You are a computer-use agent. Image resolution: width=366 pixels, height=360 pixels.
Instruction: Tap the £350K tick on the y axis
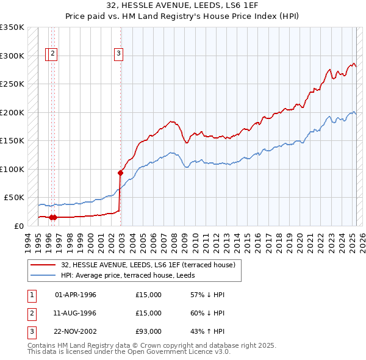click(12, 27)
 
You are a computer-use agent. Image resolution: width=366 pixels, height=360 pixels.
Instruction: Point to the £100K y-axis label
click(12, 169)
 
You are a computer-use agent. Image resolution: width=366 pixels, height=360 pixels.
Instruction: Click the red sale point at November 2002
click(120, 173)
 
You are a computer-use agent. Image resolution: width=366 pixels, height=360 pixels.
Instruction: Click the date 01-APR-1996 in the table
click(76, 295)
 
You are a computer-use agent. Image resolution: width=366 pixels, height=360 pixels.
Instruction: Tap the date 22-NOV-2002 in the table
click(76, 331)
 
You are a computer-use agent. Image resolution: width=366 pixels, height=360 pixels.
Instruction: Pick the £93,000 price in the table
click(149, 331)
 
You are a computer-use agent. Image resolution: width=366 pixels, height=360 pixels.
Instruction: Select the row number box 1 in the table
click(32, 295)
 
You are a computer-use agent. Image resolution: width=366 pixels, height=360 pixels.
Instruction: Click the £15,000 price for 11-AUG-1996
click(149, 313)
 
